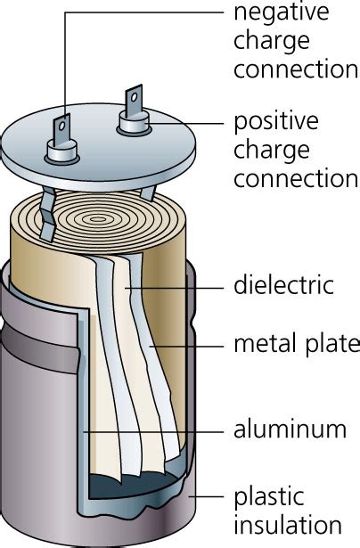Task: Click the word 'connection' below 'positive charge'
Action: pyautogui.click(x=295, y=178)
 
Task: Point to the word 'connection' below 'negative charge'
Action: pyautogui.click(x=295, y=70)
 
